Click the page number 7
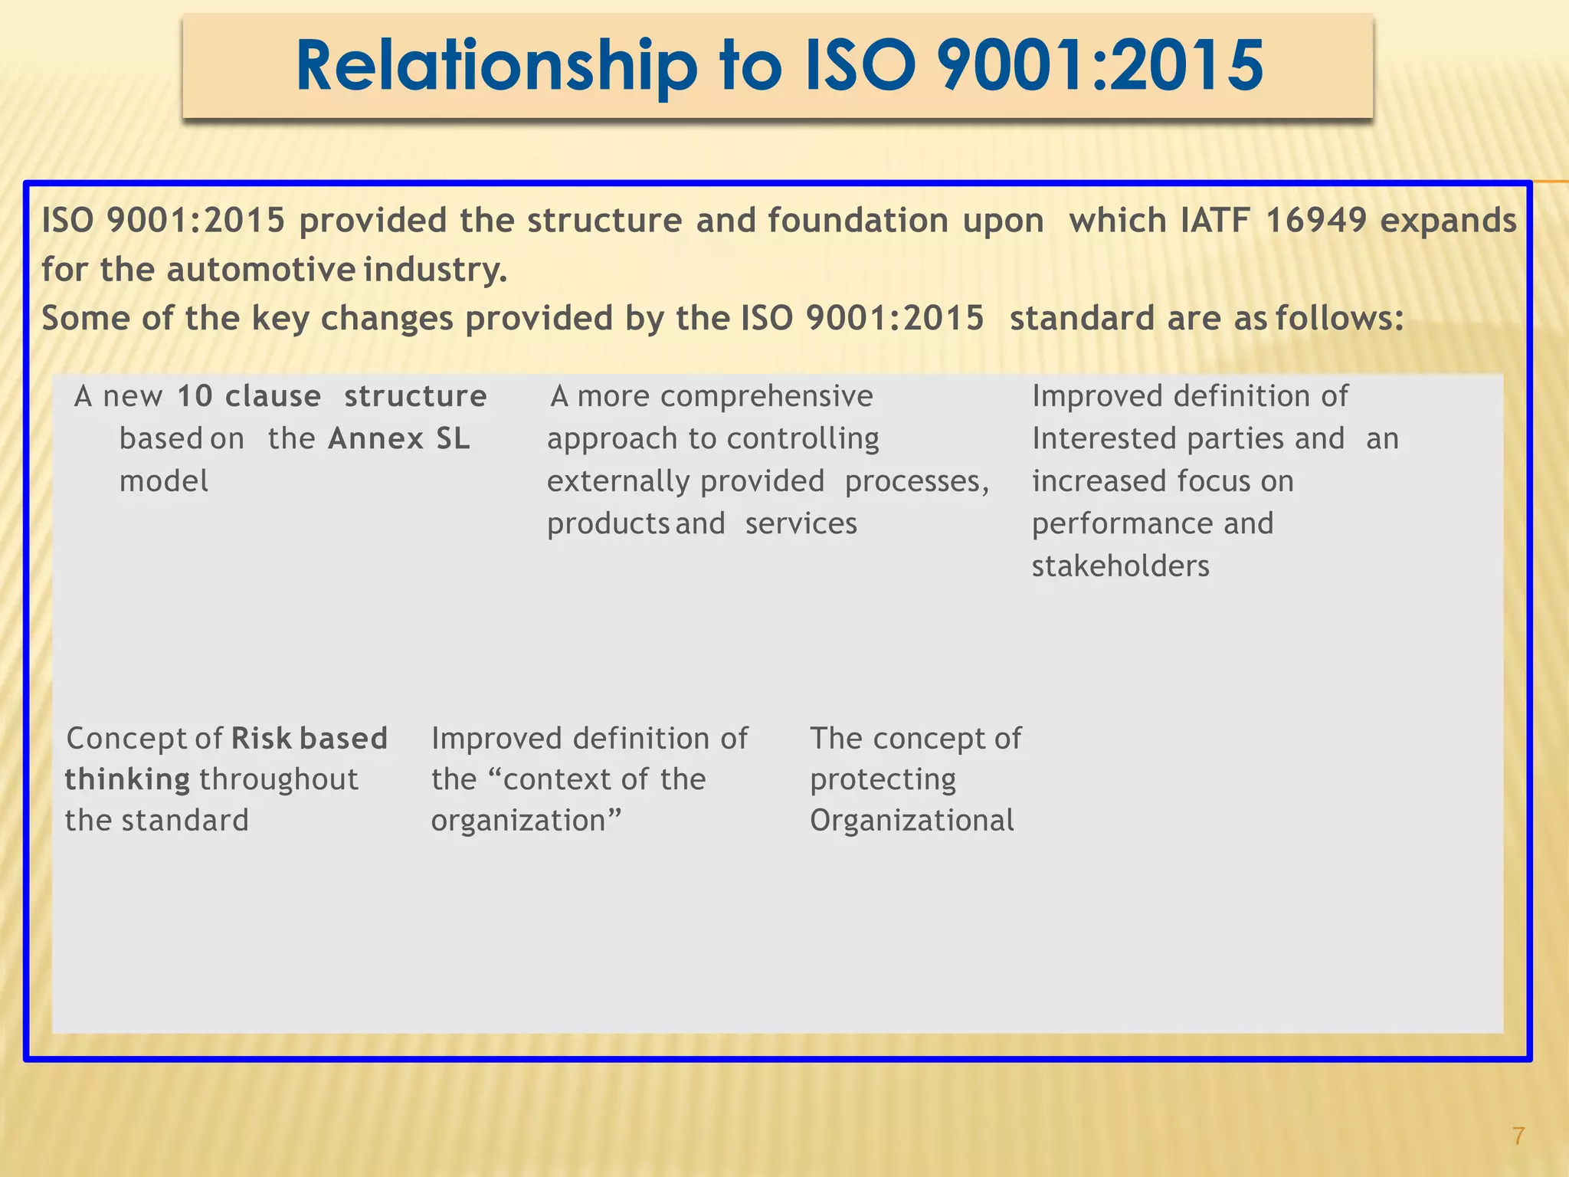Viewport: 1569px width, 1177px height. tap(1518, 1136)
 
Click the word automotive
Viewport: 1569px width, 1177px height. tap(260, 270)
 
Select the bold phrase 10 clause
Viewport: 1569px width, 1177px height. tap(249, 396)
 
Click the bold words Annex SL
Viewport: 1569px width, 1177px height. tap(399, 439)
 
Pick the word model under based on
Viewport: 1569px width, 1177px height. tap(164, 481)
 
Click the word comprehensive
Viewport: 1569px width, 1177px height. tap(766, 396)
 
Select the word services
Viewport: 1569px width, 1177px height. tap(801, 524)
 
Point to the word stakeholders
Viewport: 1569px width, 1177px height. tap(1120, 566)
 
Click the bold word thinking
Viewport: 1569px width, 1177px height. tap(127, 780)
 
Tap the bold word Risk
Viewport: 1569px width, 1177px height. tap(261, 739)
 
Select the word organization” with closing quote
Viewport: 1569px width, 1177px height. tap(526, 821)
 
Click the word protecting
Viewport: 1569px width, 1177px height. tap(883, 780)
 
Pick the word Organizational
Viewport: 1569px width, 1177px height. tap(912, 821)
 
